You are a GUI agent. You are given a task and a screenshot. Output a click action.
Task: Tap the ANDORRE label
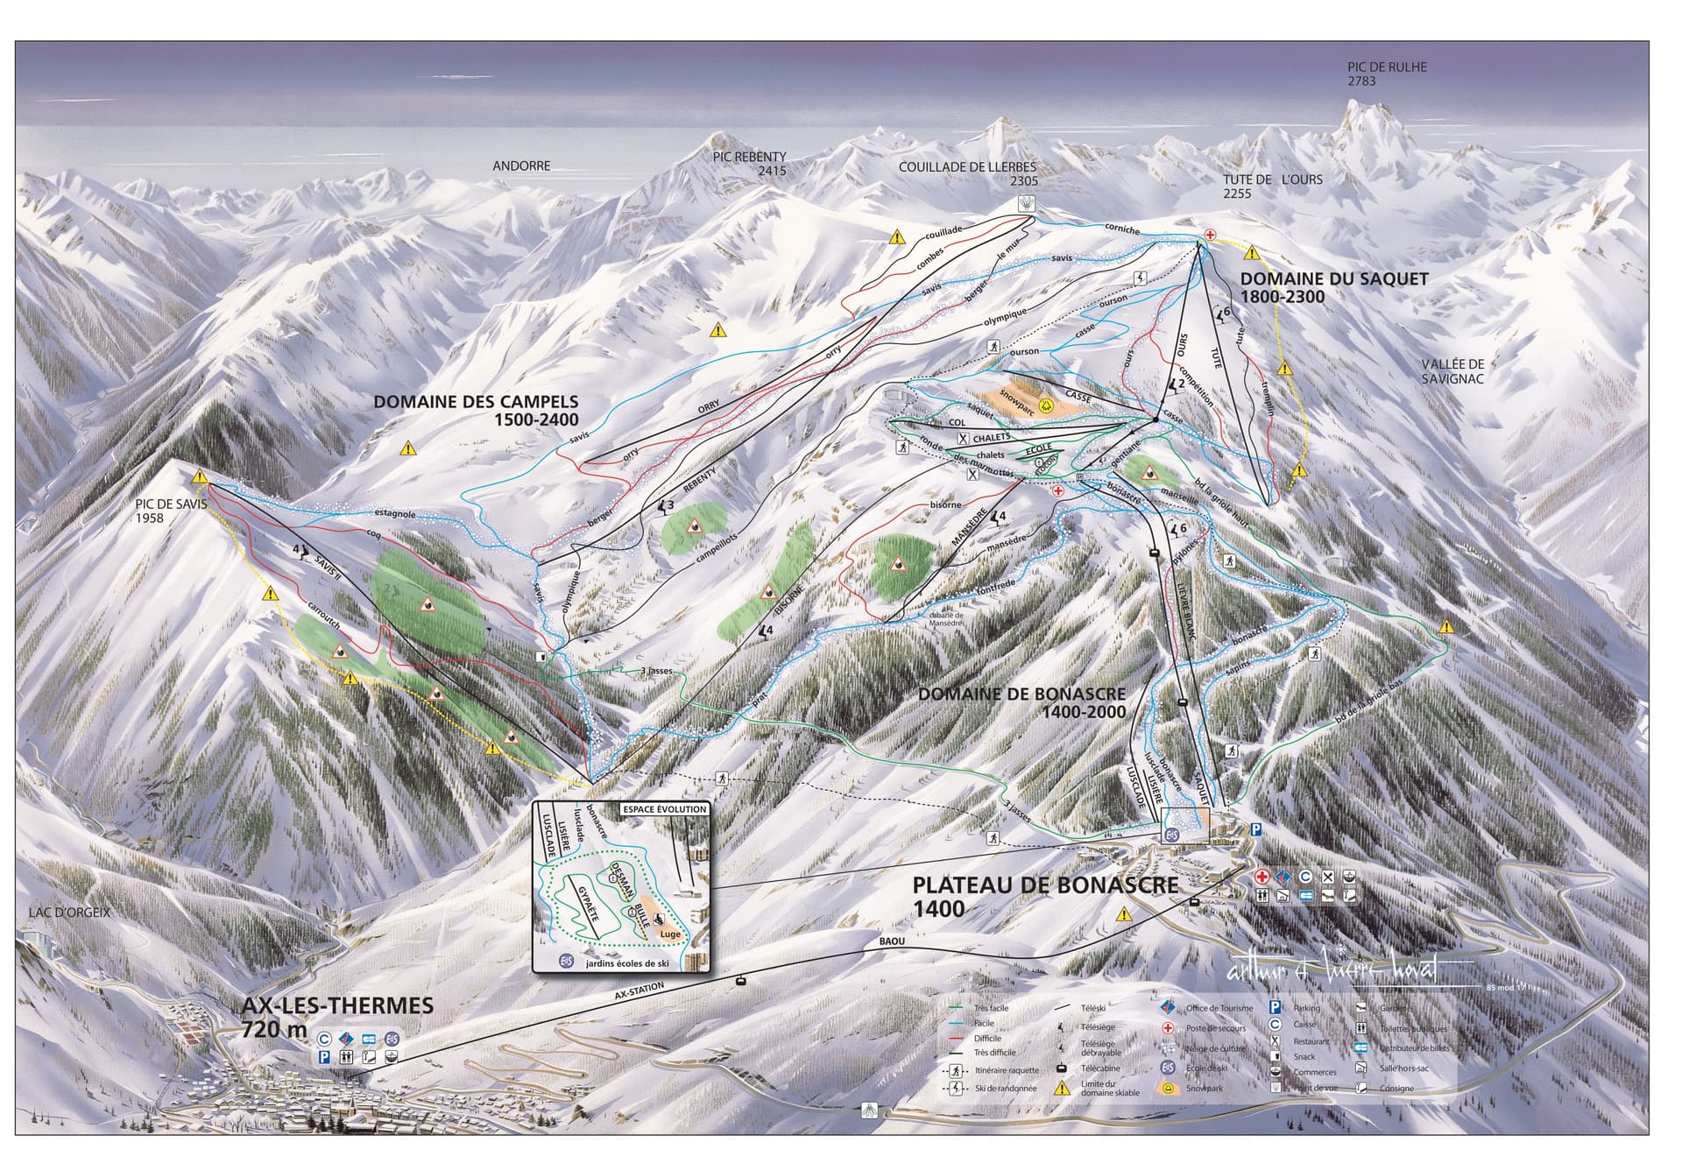(521, 166)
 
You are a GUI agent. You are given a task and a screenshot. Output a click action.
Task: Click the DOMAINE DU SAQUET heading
(1333, 287)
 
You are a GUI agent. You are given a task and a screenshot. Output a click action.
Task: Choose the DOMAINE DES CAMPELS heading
(476, 410)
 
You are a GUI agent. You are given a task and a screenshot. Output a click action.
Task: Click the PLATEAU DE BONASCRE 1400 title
(1045, 895)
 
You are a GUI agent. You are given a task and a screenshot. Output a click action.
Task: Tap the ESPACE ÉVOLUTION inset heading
(664, 809)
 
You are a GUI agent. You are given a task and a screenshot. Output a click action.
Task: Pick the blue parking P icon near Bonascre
(1257, 829)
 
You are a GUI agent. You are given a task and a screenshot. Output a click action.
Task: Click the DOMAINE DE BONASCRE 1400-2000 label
(1022, 702)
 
